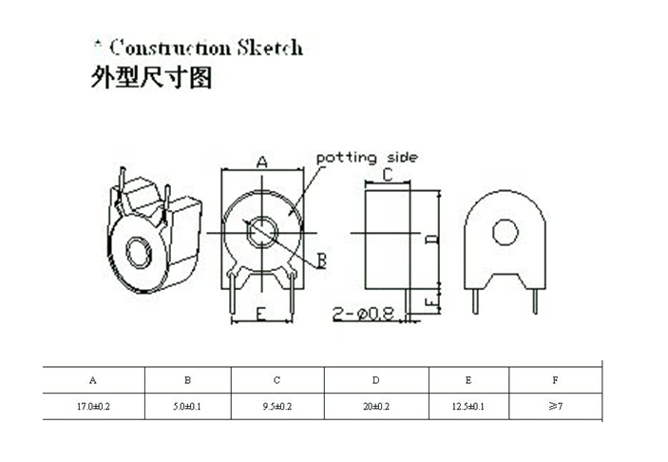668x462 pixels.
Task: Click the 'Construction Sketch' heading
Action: pyautogui.click(x=203, y=47)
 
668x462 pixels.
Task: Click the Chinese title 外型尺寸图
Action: pyautogui.click(x=151, y=78)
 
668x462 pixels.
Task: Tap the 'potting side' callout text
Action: pyautogui.click(x=366, y=157)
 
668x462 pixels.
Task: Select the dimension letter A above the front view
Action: pyautogui.click(x=263, y=163)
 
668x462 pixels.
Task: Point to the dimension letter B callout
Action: pyautogui.click(x=321, y=260)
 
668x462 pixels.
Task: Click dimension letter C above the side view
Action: pyautogui.click(x=388, y=175)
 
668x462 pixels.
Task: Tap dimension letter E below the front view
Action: pyautogui.click(x=260, y=314)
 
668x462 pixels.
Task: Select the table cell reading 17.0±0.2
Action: pyautogui.click(x=93, y=406)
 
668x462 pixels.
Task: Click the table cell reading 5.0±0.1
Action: pyautogui.click(x=187, y=406)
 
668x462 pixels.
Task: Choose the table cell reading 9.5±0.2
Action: pyautogui.click(x=277, y=406)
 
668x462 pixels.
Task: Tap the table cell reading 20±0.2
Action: pyautogui.click(x=375, y=406)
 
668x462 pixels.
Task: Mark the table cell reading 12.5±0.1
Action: pyautogui.click(x=468, y=406)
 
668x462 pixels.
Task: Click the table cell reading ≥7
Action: pyautogui.click(x=555, y=406)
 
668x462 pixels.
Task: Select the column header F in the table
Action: pyautogui.click(x=555, y=380)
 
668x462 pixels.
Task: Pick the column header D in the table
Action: pyautogui.click(x=375, y=380)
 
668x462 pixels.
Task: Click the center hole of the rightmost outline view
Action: pyautogui.click(x=505, y=231)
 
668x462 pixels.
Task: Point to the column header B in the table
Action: pyautogui.click(x=187, y=380)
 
